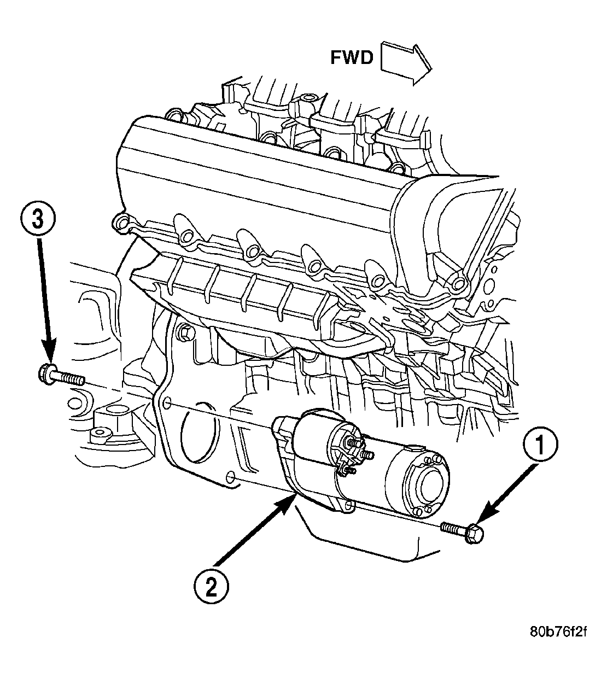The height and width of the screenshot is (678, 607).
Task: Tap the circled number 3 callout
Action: pyautogui.click(x=38, y=220)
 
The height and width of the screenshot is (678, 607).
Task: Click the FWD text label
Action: pyautogui.click(x=351, y=58)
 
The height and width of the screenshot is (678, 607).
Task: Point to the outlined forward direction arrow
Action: pyautogui.click(x=406, y=63)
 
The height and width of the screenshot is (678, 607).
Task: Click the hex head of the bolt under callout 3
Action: pyautogui.click(x=46, y=374)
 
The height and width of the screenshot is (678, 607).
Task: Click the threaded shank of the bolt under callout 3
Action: pyautogui.click(x=69, y=379)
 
